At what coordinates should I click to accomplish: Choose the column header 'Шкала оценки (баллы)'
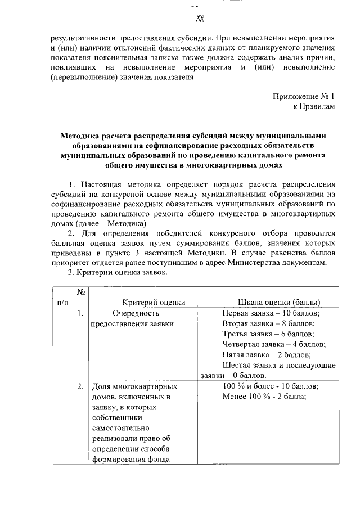(x=280, y=302)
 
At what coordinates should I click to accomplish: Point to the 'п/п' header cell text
(x=64, y=302)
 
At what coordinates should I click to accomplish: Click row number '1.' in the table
(x=81, y=313)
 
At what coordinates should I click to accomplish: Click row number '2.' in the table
(x=81, y=386)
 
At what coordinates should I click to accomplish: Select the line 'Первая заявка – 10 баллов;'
(x=271, y=313)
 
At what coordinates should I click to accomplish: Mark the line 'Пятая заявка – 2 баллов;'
(x=267, y=354)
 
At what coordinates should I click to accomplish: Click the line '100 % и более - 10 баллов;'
(x=271, y=386)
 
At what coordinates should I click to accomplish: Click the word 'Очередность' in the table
(x=137, y=313)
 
